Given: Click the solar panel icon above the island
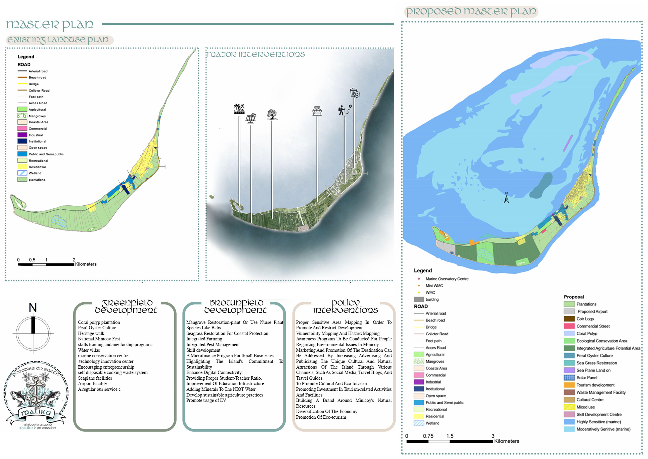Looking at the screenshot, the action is point(251,118).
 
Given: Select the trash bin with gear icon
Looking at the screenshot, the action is point(354,93).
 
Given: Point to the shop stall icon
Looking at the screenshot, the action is point(317,111).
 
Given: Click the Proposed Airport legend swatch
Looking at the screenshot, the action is point(569,311).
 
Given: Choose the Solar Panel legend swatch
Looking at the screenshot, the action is point(569,378).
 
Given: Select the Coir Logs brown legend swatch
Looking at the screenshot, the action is point(569,319).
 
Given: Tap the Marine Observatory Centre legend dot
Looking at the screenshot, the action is point(419,279).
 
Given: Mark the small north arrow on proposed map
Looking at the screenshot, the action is point(506,198).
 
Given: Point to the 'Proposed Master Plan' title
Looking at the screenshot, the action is point(471,12).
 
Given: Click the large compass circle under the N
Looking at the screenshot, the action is point(33,334).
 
